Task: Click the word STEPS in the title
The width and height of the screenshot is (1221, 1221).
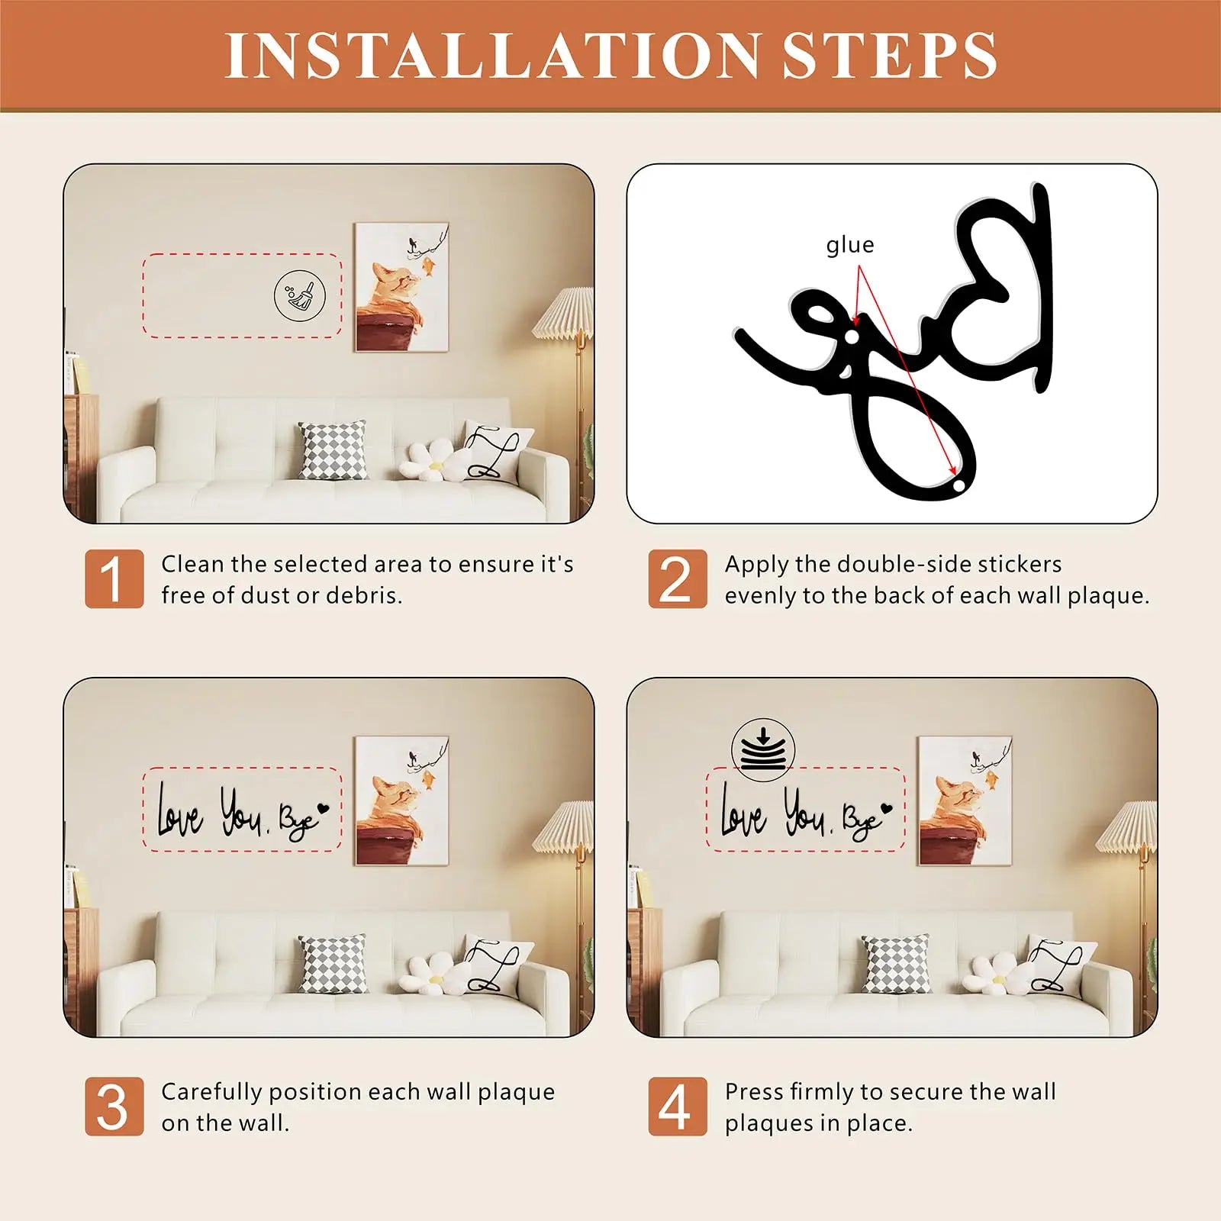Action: (891, 55)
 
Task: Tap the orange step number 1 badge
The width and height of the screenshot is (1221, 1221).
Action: (114, 578)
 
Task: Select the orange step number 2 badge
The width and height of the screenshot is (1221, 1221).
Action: (678, 578)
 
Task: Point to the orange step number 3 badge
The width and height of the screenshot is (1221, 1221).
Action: (114, 1107)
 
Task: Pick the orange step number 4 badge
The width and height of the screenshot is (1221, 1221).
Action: (678, 1107)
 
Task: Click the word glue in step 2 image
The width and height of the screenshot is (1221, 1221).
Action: (850, 246)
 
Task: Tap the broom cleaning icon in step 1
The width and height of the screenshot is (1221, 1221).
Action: (300, 295)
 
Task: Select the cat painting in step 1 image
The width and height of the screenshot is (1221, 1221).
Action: (401, 287)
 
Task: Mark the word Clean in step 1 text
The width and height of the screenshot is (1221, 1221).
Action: (193, 564)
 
